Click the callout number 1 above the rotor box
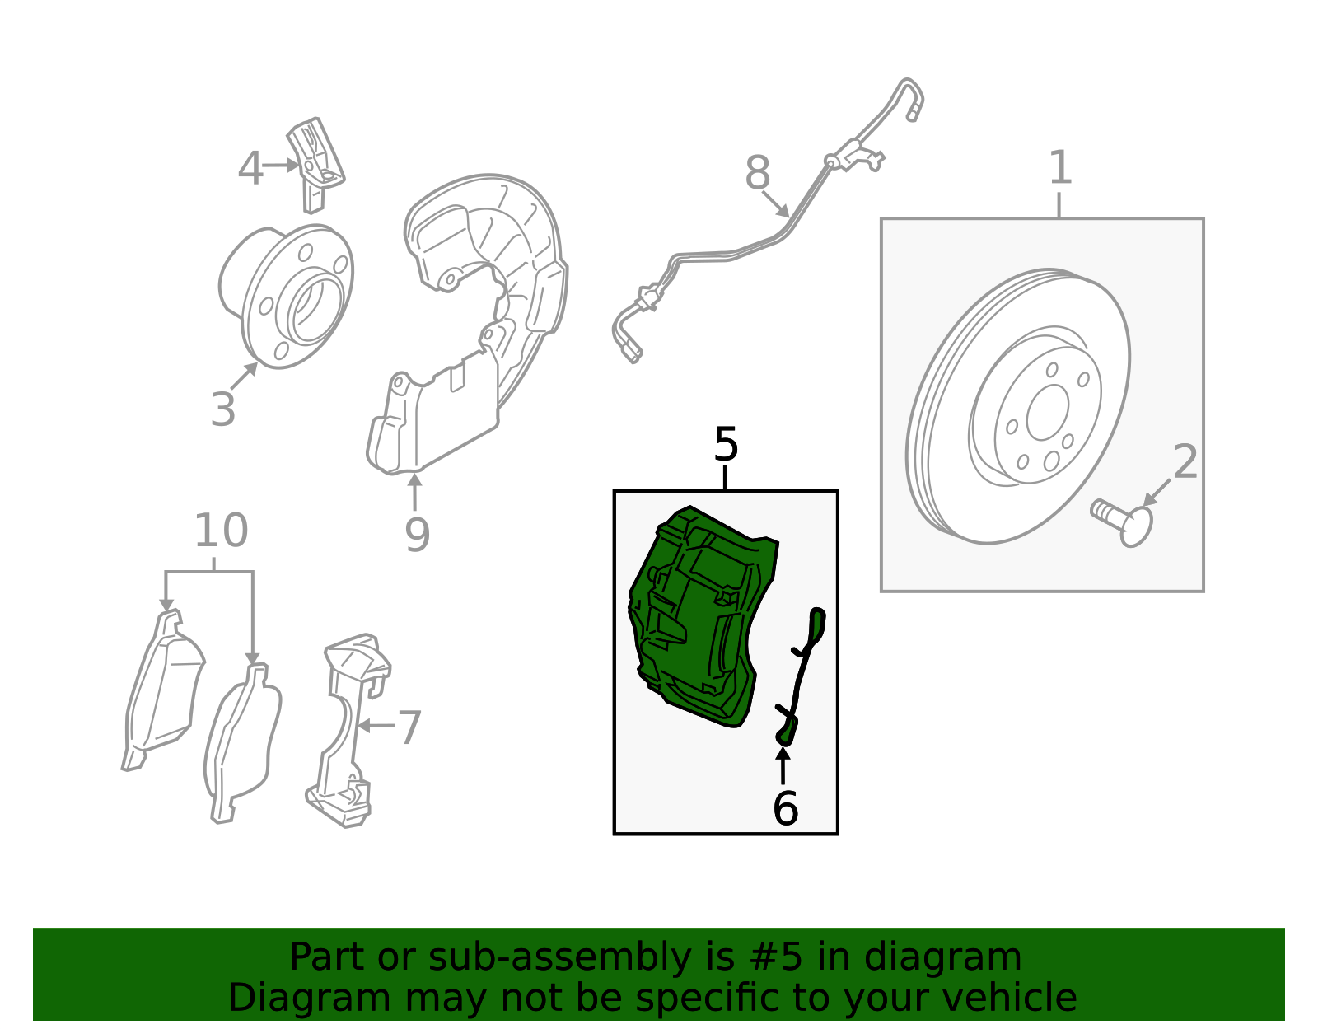[x=1059, y=167]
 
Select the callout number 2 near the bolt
[x=1185, y=462]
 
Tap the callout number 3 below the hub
[x=222, y=410]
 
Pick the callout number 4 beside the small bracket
[x=250, y=168]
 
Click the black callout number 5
[x=726, y=444]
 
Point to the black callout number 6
[x=785, y=808]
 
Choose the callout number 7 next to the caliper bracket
[x=409, y=727]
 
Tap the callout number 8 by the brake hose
[x=758, y=172]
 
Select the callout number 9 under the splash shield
[x=418, y=534]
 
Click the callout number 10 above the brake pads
[x=221, y=530]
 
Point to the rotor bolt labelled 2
[x=1123, y=522]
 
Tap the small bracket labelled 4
[x=315, y=165]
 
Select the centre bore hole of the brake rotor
[x=1048, y=412]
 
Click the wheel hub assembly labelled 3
[x=286, y=297]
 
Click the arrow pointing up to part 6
[x=783, y=766]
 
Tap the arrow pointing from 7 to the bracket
[x=376, y=725]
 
